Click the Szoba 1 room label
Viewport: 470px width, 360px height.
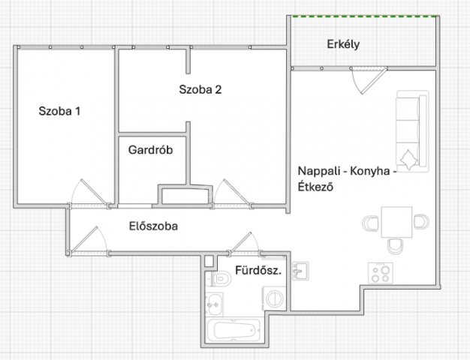tap(59, 111)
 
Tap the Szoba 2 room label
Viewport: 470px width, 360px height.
tap(200, 89)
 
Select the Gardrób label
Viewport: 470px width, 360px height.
tap(150, 150)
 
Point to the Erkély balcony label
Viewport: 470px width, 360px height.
tap(343, 45)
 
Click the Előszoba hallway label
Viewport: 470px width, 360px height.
tap(153, 226)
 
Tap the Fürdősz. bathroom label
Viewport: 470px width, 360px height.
tap(258, 271)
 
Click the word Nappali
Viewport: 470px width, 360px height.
tap(318, 171)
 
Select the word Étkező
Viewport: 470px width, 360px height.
tap(315, 187)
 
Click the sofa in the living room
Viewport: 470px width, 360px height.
tap(412, 131)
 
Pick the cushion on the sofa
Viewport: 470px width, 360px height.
tap(409, 159)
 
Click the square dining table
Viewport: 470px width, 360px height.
tap(396, 222)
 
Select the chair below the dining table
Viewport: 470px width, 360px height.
tap(395, 246)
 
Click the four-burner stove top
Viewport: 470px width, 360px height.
tap(381, 273)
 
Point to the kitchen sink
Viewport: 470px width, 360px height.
tap(300, 271)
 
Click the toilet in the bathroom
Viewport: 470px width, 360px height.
tap(221, 279)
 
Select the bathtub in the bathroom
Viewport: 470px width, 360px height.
tap(233, 330)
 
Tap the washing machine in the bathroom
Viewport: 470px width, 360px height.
tap(274, 298)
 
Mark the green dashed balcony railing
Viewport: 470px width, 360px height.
tap(366, 16)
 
